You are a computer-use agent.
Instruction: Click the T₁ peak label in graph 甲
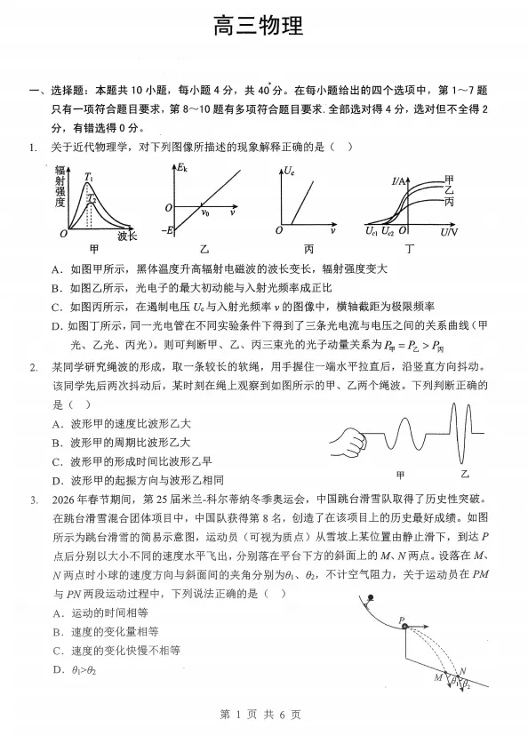pos(89,177)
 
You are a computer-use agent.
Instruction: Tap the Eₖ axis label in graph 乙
pos(182,168)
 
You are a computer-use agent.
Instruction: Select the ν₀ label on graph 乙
pos(205,213)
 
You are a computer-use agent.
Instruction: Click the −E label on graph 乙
pos(167,230)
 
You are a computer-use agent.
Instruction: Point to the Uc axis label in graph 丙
pos(290,169)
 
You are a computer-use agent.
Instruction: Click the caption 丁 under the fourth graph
pos(410,250)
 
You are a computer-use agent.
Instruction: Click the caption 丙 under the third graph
pos(308,250)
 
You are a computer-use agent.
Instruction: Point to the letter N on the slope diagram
pos(462,671)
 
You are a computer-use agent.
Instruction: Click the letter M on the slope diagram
pos(437,677)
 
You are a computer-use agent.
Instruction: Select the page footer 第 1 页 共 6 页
pos(264,715)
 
